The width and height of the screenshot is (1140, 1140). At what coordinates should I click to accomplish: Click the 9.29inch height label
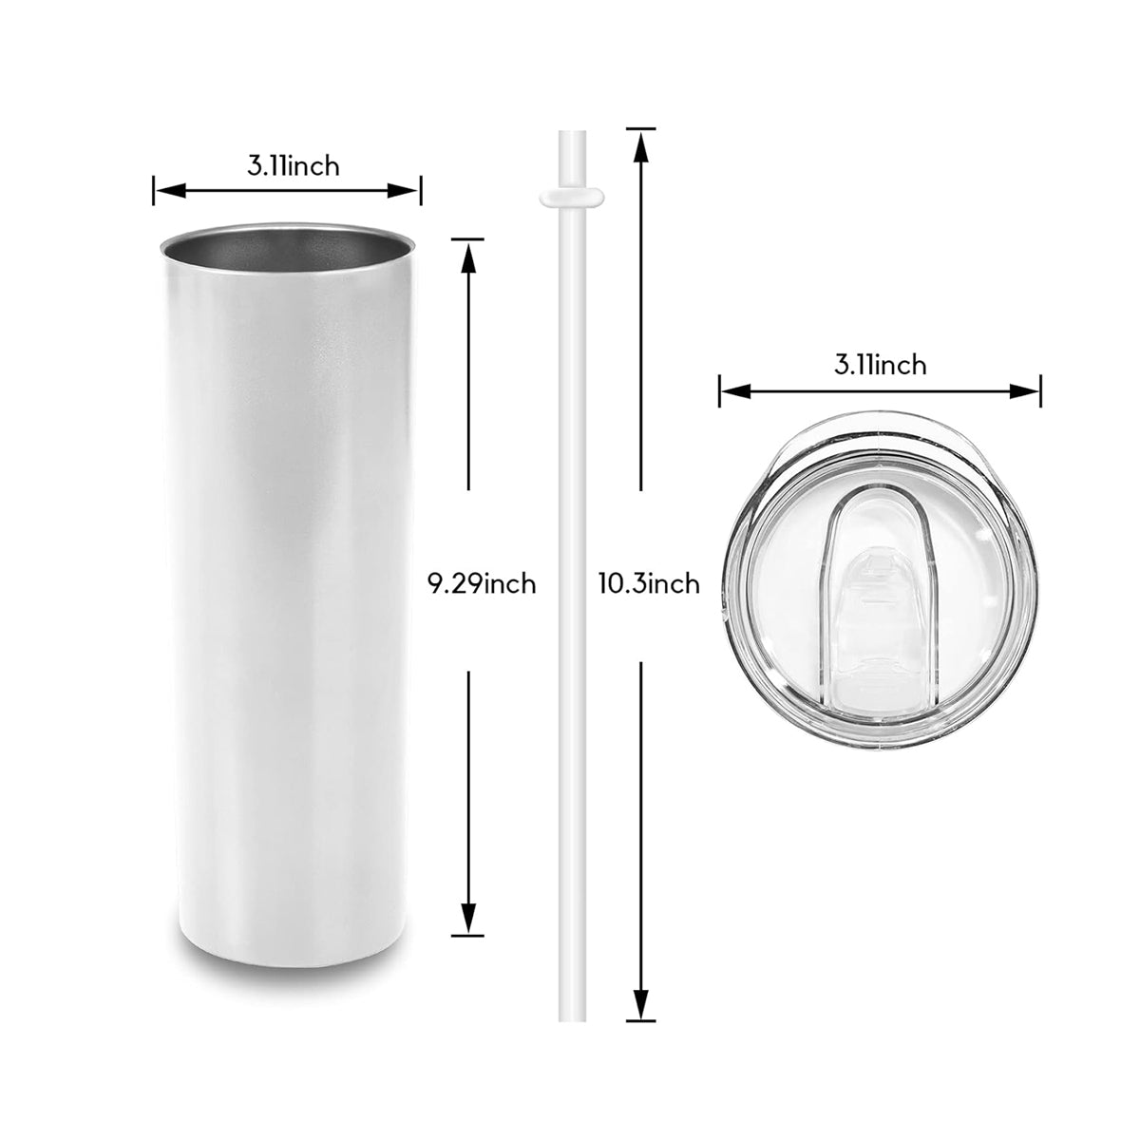(x=481, y=583)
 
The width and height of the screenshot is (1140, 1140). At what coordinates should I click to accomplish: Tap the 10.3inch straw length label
(x=649, y=582)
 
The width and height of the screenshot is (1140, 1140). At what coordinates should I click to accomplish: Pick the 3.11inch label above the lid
(x=880, y=364)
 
